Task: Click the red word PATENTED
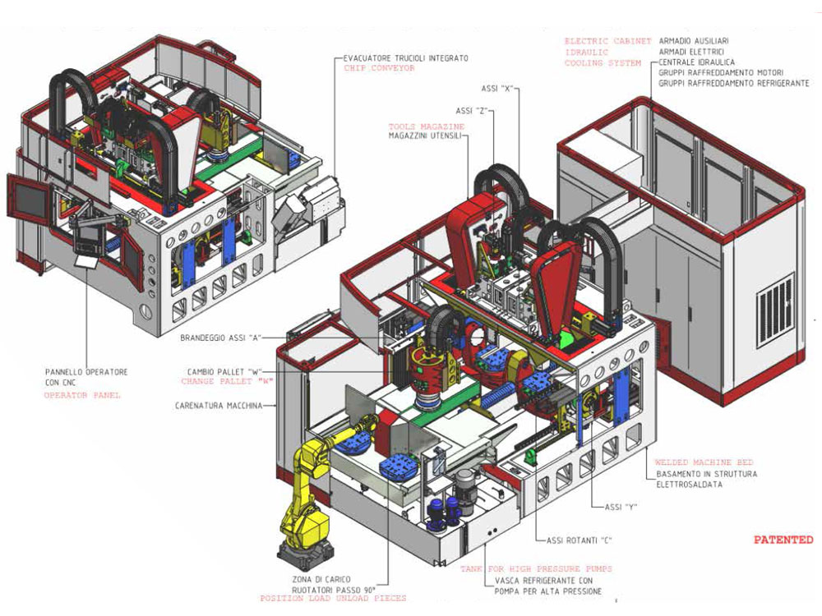[x=783, y=540]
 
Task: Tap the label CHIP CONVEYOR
[x=379, y=69]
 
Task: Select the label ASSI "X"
[x=497, y=87]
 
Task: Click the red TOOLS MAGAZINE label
[x=427, y=126]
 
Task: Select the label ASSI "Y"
[x=622, y=507]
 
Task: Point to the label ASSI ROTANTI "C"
[x=580, y=540]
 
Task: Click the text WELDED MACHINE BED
[x=704, y=462]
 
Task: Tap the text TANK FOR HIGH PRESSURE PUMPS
[x=536, y=568]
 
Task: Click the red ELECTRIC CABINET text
[x=607, y=41]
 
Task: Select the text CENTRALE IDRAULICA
[x=696, y=62]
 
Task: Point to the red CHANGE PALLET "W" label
[x=227, y=381]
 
